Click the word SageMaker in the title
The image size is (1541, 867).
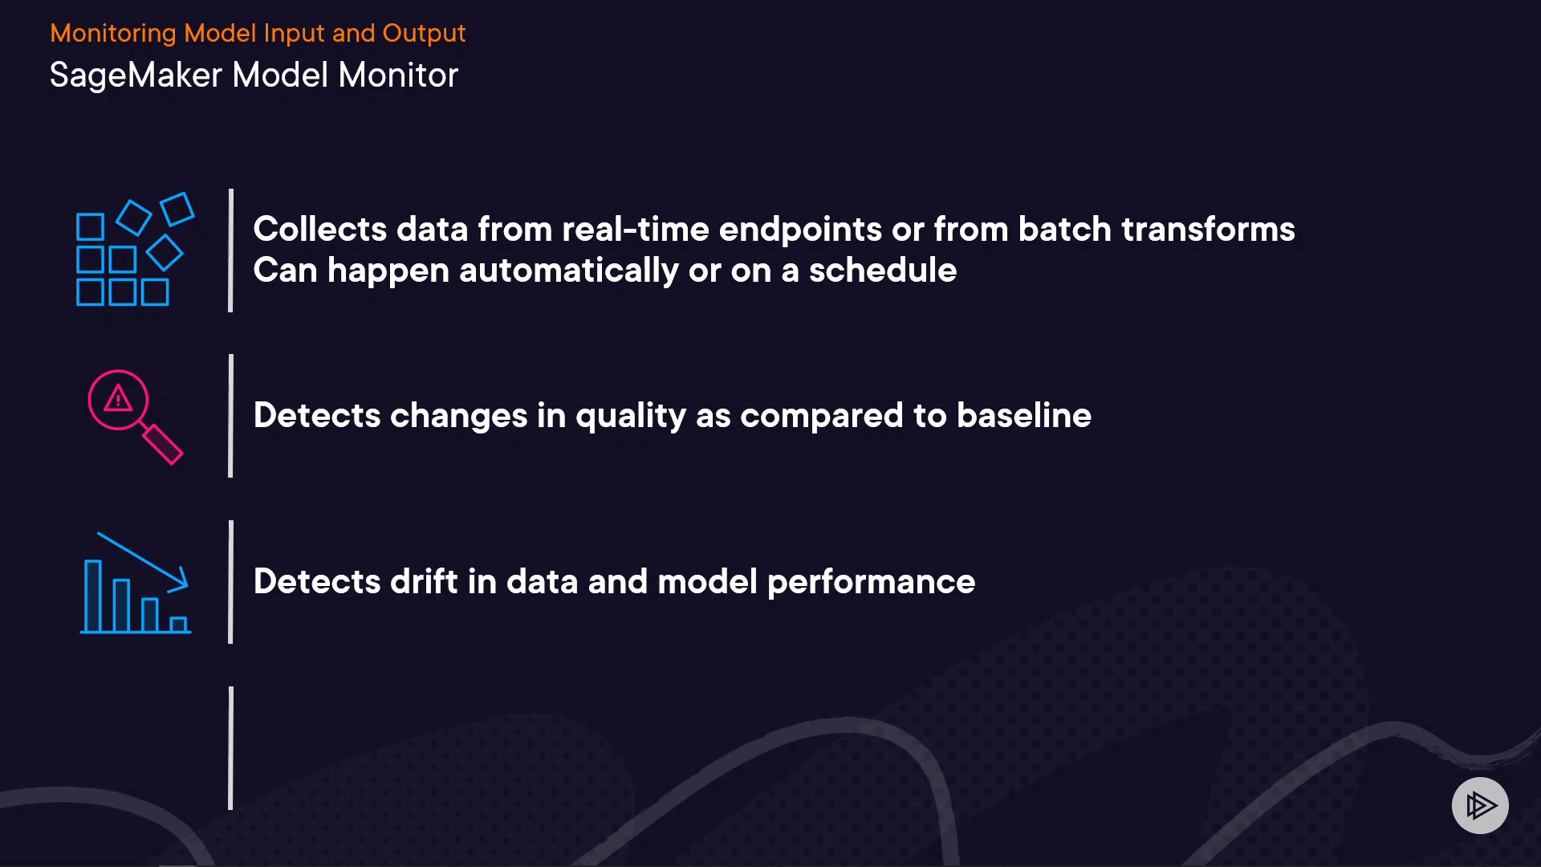click(136, 76)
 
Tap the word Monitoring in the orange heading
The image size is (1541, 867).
click(113, 33)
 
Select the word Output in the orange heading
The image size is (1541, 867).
click(424, 33)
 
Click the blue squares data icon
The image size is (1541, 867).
click(135, 249)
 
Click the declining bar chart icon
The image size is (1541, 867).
click(136, 583)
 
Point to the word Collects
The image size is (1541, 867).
click(320, 229)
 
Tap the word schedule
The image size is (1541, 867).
click(883, 271)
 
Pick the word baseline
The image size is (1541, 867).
click(1024, 416)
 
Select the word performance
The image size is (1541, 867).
click(871, 582)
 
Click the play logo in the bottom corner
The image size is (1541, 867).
click(1480, 805)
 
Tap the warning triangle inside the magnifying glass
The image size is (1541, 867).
click(119, 397)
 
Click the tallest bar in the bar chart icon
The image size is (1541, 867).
click(93, 596)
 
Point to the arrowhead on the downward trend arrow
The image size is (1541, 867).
click(180, 580)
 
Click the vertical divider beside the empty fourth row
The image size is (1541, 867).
click(231, 748)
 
